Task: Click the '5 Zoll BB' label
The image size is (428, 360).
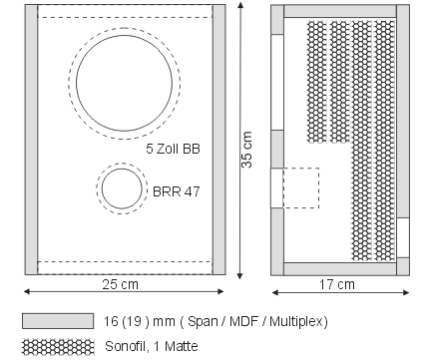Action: [x=173, y=149]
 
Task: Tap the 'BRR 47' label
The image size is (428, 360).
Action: [x=177, y=191]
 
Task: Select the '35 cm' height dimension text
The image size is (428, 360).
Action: [x=246, y=150]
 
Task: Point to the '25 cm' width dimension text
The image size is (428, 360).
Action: [x=120, y=284]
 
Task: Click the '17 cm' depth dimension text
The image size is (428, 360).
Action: [x=337, y=284]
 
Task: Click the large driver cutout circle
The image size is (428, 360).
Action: [x=76, y=83]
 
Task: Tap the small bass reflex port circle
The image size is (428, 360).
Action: [x=102, y=188]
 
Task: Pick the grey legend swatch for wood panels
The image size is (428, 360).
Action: [x=58, y=321]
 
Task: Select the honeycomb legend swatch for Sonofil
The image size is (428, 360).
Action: [x=58, y=347]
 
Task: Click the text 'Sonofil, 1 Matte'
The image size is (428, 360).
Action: [x=152, y=346]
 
